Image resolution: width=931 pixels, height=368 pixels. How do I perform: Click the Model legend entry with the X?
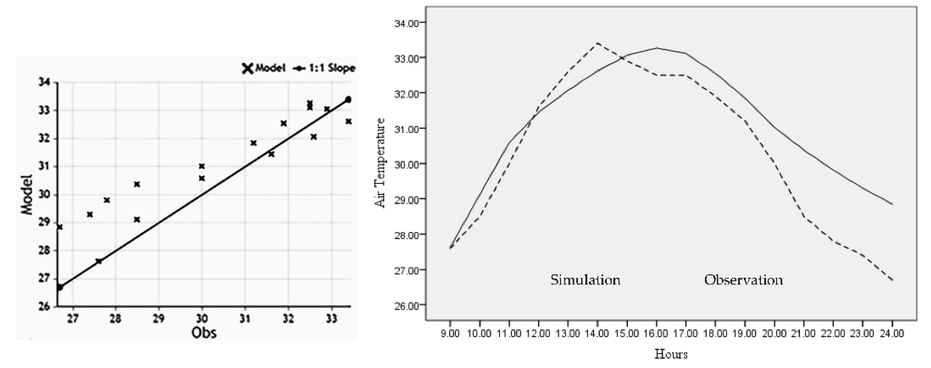264,68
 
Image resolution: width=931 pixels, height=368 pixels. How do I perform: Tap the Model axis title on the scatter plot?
27,195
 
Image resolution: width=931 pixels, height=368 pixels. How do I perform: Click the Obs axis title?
204,333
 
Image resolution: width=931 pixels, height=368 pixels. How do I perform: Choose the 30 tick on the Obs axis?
202,319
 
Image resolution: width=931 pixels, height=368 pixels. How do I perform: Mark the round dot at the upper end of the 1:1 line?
348,99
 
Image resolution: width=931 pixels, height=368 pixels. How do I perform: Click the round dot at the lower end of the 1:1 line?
60,287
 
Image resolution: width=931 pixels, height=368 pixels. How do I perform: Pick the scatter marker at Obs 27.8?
107,200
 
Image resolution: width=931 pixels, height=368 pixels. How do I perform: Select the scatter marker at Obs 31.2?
253,143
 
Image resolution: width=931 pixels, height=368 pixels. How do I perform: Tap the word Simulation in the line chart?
585,280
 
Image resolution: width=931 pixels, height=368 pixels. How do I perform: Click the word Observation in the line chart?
743,280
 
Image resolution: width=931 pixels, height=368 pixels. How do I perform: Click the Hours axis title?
671,354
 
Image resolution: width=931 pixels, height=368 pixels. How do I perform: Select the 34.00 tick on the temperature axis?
406,23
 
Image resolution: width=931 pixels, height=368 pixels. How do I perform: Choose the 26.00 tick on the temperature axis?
406,305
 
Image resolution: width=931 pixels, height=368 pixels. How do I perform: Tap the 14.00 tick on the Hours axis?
597,333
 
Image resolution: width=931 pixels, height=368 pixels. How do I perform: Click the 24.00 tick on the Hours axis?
892,333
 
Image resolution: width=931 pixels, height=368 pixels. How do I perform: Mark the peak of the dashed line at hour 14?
597,43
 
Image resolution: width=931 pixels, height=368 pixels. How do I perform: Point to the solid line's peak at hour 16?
656,48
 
